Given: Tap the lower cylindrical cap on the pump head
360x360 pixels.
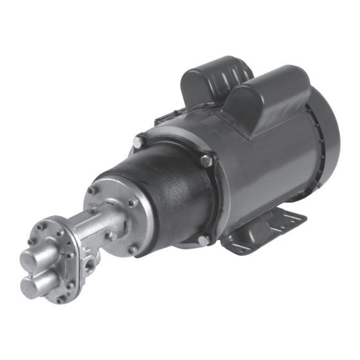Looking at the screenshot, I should tap(32, 283).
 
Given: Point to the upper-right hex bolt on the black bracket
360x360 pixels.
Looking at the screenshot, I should tap(205, 161).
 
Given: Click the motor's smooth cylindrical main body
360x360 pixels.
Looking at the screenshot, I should tap(270, 167).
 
